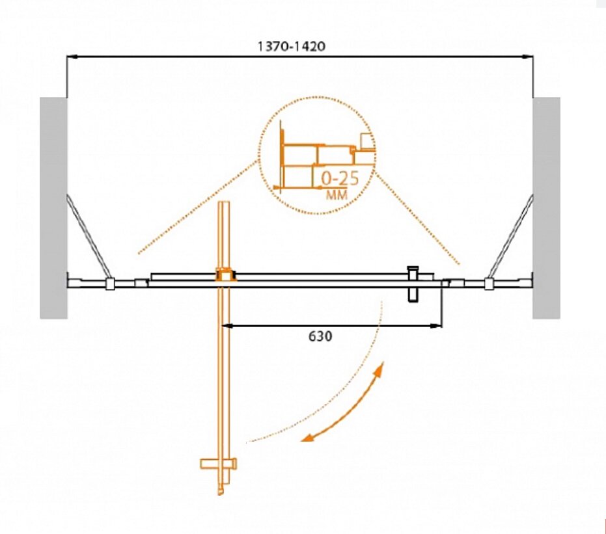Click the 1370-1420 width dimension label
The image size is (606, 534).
(292, 46)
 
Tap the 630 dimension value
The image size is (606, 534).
(320, 336)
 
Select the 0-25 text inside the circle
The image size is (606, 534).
(340, 179)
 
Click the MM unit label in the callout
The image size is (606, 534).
(337, 194)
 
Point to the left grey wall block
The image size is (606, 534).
(53, 208)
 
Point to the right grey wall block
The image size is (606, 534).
(546, 208)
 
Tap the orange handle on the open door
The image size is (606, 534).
(218, 463)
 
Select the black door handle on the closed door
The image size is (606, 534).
(413, 284)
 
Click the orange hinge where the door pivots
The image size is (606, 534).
(225, 275)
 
